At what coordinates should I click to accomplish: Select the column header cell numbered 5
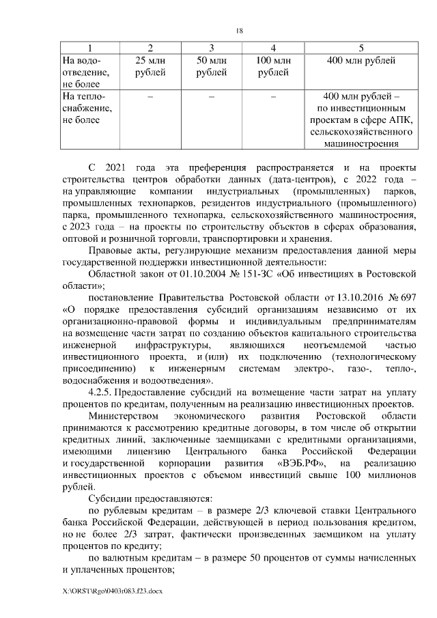coord(361,47)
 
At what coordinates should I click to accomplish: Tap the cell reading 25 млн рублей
coord(150,67)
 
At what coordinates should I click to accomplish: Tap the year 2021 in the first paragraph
coord(123,167)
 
